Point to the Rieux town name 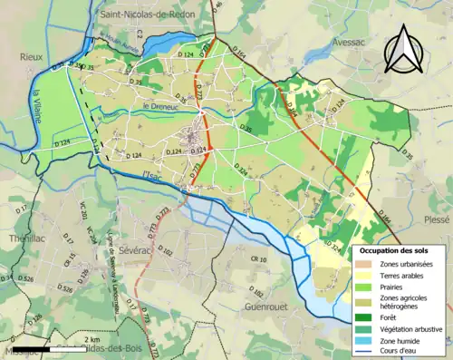click(x=33, y=56)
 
